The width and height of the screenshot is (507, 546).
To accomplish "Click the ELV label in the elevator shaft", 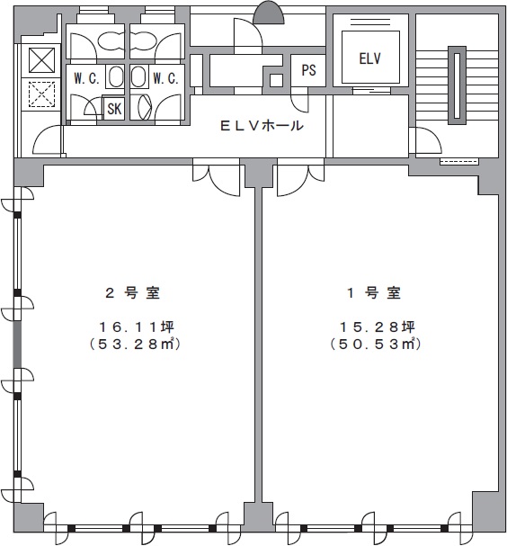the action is (369, 58).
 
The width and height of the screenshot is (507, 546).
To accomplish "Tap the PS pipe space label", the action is (308, 70).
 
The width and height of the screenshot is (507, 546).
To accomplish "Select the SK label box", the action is (114, 109).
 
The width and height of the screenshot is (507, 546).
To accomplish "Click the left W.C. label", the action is (86, 78).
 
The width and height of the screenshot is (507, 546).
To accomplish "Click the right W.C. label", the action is (165, 78).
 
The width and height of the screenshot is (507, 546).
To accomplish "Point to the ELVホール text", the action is (262, 125).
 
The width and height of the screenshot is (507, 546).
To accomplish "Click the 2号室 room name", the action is (132, 293).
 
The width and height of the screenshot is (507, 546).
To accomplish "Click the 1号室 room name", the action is (374, 293).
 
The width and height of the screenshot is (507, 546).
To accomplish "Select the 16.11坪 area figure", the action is (137, 327).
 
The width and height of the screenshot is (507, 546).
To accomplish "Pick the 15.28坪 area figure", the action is (378, 327).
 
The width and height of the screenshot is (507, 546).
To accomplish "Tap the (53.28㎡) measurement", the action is (135, 344).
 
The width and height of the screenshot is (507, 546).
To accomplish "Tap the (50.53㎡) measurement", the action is (376, 344).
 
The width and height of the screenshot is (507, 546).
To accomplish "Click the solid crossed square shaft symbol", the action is (41, 60).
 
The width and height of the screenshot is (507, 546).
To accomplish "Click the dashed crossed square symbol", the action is (41, 94).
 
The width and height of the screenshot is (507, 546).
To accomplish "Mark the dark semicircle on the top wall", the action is (268, 13).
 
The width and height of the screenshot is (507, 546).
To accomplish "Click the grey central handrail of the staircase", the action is (457, 85).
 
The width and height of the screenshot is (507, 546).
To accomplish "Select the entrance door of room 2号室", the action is (216, 176).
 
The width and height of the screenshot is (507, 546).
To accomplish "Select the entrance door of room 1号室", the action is (300, 176).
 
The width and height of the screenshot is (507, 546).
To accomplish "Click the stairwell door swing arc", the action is (429, 140).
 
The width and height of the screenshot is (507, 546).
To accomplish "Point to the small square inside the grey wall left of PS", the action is (276, 80).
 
